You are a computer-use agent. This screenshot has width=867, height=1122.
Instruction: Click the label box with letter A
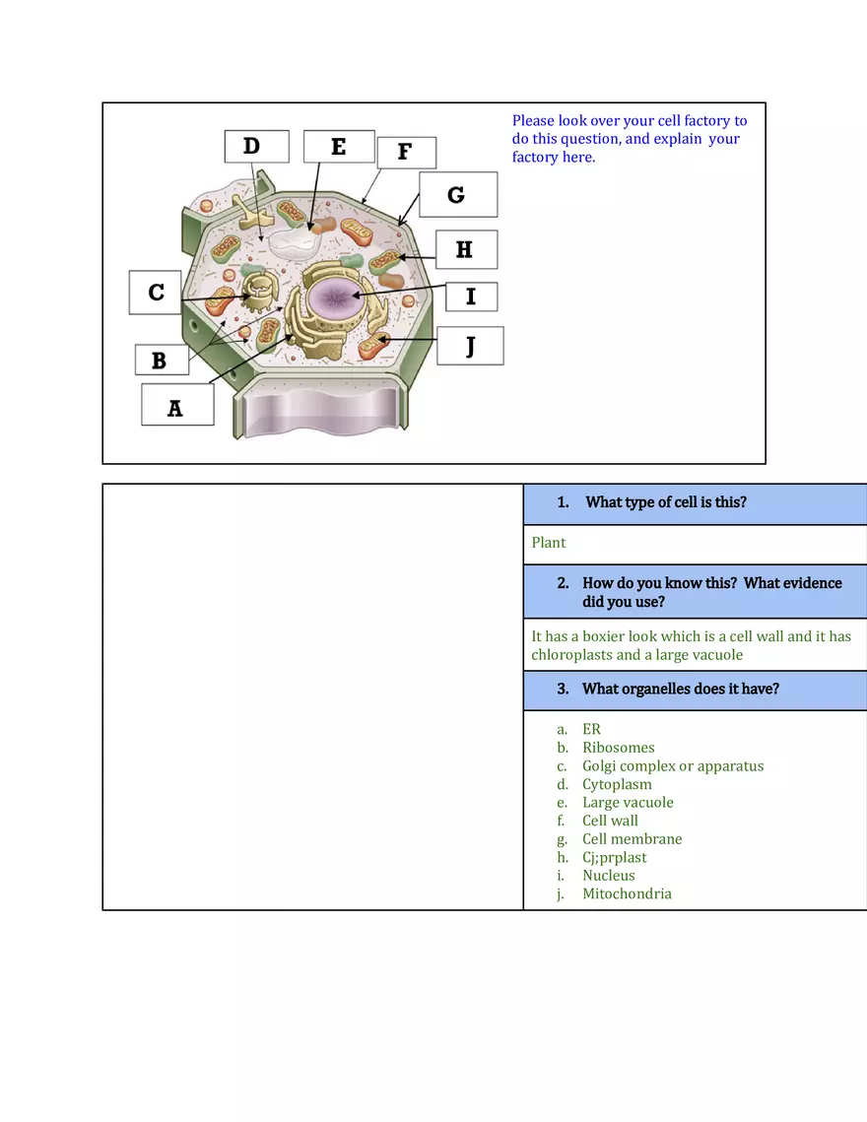click(177, 405)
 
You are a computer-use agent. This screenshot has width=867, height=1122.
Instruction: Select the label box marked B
click(160, 360)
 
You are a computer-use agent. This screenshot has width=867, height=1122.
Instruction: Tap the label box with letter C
click(156, 293)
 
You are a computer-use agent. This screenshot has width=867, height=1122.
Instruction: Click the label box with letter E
click(339, 146)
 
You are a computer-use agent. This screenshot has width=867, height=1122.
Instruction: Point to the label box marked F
click(406, 152)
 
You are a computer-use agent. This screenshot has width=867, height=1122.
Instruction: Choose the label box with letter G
click(457, 195)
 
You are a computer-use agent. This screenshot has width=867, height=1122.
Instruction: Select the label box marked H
click(466, 249)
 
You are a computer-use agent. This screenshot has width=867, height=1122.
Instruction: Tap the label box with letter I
click(471, 296)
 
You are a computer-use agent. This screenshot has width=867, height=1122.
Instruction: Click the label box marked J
click(470, 346)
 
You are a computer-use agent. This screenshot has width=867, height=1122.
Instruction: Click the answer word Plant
click(549, 543)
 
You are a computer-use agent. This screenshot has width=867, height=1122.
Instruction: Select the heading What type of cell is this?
click(665, 502)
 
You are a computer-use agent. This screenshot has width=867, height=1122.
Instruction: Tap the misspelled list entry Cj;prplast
click(614, 857)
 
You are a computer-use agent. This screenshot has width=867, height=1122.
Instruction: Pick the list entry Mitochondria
click(627, 893)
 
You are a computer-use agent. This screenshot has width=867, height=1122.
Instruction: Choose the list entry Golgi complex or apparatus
click(672, 765)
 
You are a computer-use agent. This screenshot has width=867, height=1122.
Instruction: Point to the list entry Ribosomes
click(618, 748)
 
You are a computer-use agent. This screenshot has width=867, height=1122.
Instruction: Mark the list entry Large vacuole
click(628, 802)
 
